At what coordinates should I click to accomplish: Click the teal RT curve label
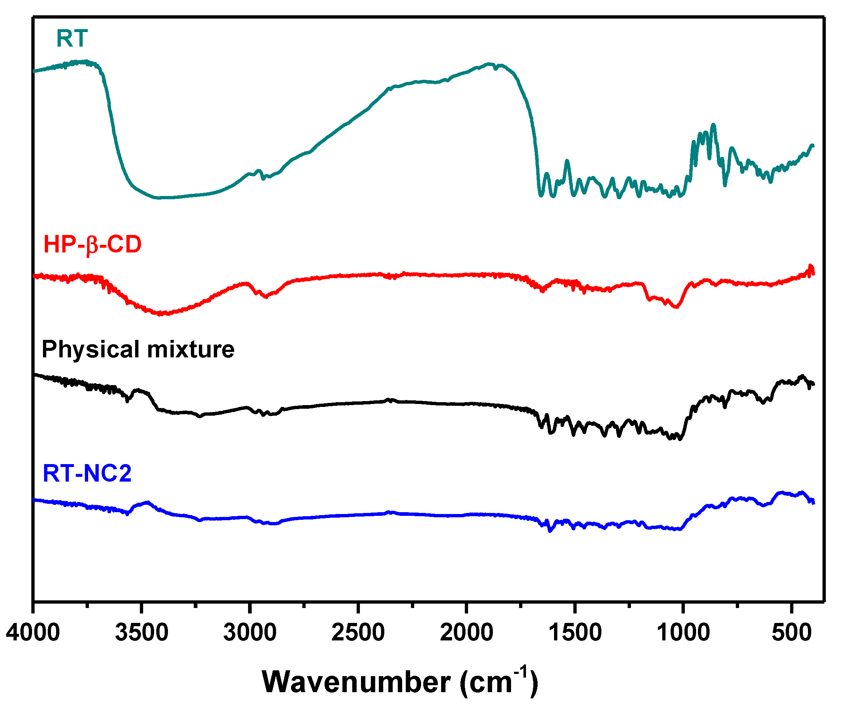pos(72,39)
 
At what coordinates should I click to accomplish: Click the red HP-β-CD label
pos(92,244)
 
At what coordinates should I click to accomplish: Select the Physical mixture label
pos(138,349)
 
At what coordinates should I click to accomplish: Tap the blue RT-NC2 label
pos(87,473)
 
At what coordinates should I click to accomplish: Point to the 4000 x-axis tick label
pos(33,632)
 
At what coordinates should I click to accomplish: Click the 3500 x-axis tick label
pos(141,632)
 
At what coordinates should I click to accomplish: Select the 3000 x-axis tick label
pos(250,632)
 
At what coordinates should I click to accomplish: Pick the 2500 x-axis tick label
pos(358,632)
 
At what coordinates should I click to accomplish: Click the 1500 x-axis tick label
pos(575,632)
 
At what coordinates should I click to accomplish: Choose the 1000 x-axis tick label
pos(683,632)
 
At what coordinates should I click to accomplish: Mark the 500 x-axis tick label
pos(791,632)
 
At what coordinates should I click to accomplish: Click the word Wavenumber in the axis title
pos(356,683)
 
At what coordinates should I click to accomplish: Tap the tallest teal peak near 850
pos(713,125)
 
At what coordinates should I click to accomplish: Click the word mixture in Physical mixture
pos(191,349)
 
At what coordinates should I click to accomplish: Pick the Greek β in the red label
pos(92,245)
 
